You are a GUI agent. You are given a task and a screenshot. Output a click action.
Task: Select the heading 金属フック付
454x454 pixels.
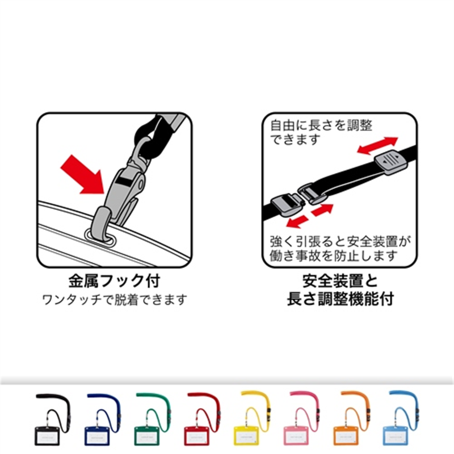coord(114,280)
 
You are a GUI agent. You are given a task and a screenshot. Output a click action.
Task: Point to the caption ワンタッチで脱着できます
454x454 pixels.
coord(114,299)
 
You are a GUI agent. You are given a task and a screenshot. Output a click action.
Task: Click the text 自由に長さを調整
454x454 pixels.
coord(321,125)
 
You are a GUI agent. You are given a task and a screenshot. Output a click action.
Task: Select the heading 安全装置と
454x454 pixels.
coord(340,280)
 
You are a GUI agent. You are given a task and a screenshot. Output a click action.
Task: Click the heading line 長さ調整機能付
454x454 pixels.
coord(340,299)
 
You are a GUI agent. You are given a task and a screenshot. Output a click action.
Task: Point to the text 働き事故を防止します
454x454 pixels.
coord(333,255)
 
